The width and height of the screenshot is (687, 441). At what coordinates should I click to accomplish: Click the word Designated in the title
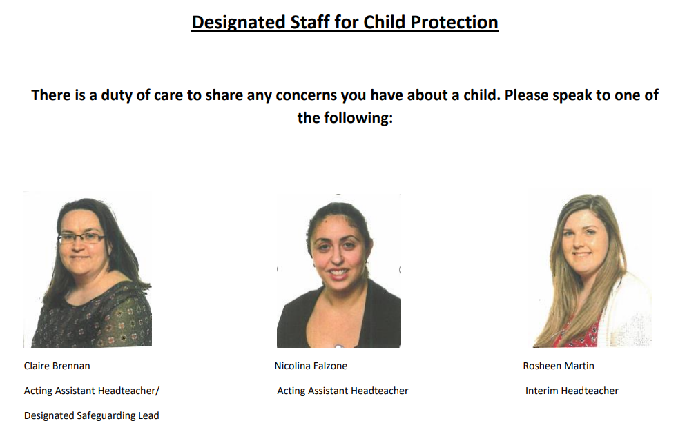(x=239, y=23)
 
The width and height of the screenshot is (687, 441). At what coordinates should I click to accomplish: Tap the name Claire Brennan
(x=57, y=366)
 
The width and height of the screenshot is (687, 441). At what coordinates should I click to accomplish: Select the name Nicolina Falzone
(x=311, y=366)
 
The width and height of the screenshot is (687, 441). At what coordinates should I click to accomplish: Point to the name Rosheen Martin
(x=559, y=366)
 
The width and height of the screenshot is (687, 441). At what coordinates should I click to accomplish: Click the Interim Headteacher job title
(x=572, y=391)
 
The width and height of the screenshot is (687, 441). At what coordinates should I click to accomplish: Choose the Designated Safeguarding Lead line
(x=92, y=415)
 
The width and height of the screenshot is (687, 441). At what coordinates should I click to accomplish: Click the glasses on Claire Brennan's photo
(x=81, y=238)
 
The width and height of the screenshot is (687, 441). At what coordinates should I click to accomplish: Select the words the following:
(x=345, y=117)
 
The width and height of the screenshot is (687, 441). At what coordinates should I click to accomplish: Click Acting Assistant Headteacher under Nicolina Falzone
(x=342, y=391)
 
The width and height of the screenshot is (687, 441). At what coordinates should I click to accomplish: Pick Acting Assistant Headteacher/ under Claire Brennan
(x=92, y=391)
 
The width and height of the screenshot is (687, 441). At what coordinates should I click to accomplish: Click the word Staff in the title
(x=310, y=22)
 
